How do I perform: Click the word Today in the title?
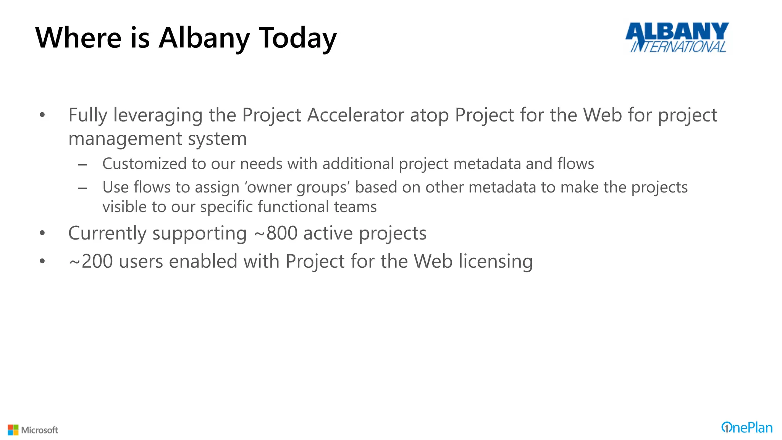coord(298,38)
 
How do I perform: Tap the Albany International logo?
coord(677,37)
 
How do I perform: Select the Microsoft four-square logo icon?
coord(13,430)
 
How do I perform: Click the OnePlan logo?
coord(746,427)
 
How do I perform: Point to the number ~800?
coord(276,233)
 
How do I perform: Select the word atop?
coord(429,116)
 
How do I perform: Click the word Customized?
coord(144,164)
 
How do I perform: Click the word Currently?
coord(107,233)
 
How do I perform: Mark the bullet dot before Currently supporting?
coord(42,233)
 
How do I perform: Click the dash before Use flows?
coord(82,188)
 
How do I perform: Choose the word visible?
coord(124,207)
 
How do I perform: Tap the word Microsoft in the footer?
coord(40,430)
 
